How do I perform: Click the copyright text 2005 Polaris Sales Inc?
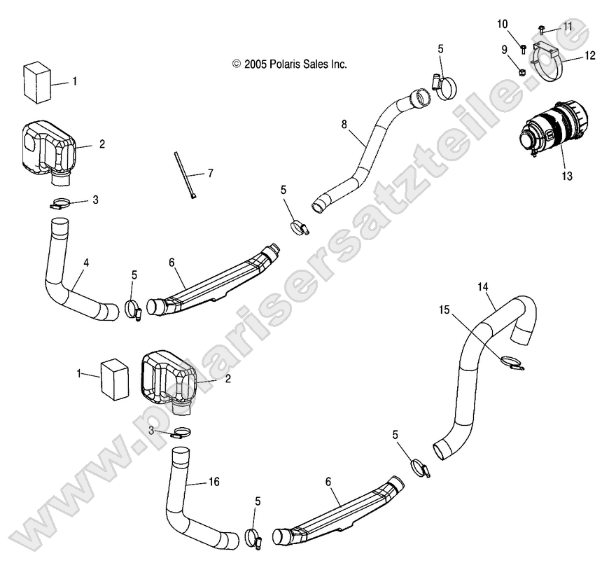click(290, 64)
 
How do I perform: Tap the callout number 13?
click(566, 176)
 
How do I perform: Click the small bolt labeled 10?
click(524, 47)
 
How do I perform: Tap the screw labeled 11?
click(542, 29)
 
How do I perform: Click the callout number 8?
click(344, 125)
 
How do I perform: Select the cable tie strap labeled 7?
click(183, 175)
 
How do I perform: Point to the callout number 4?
click(86, 263)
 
